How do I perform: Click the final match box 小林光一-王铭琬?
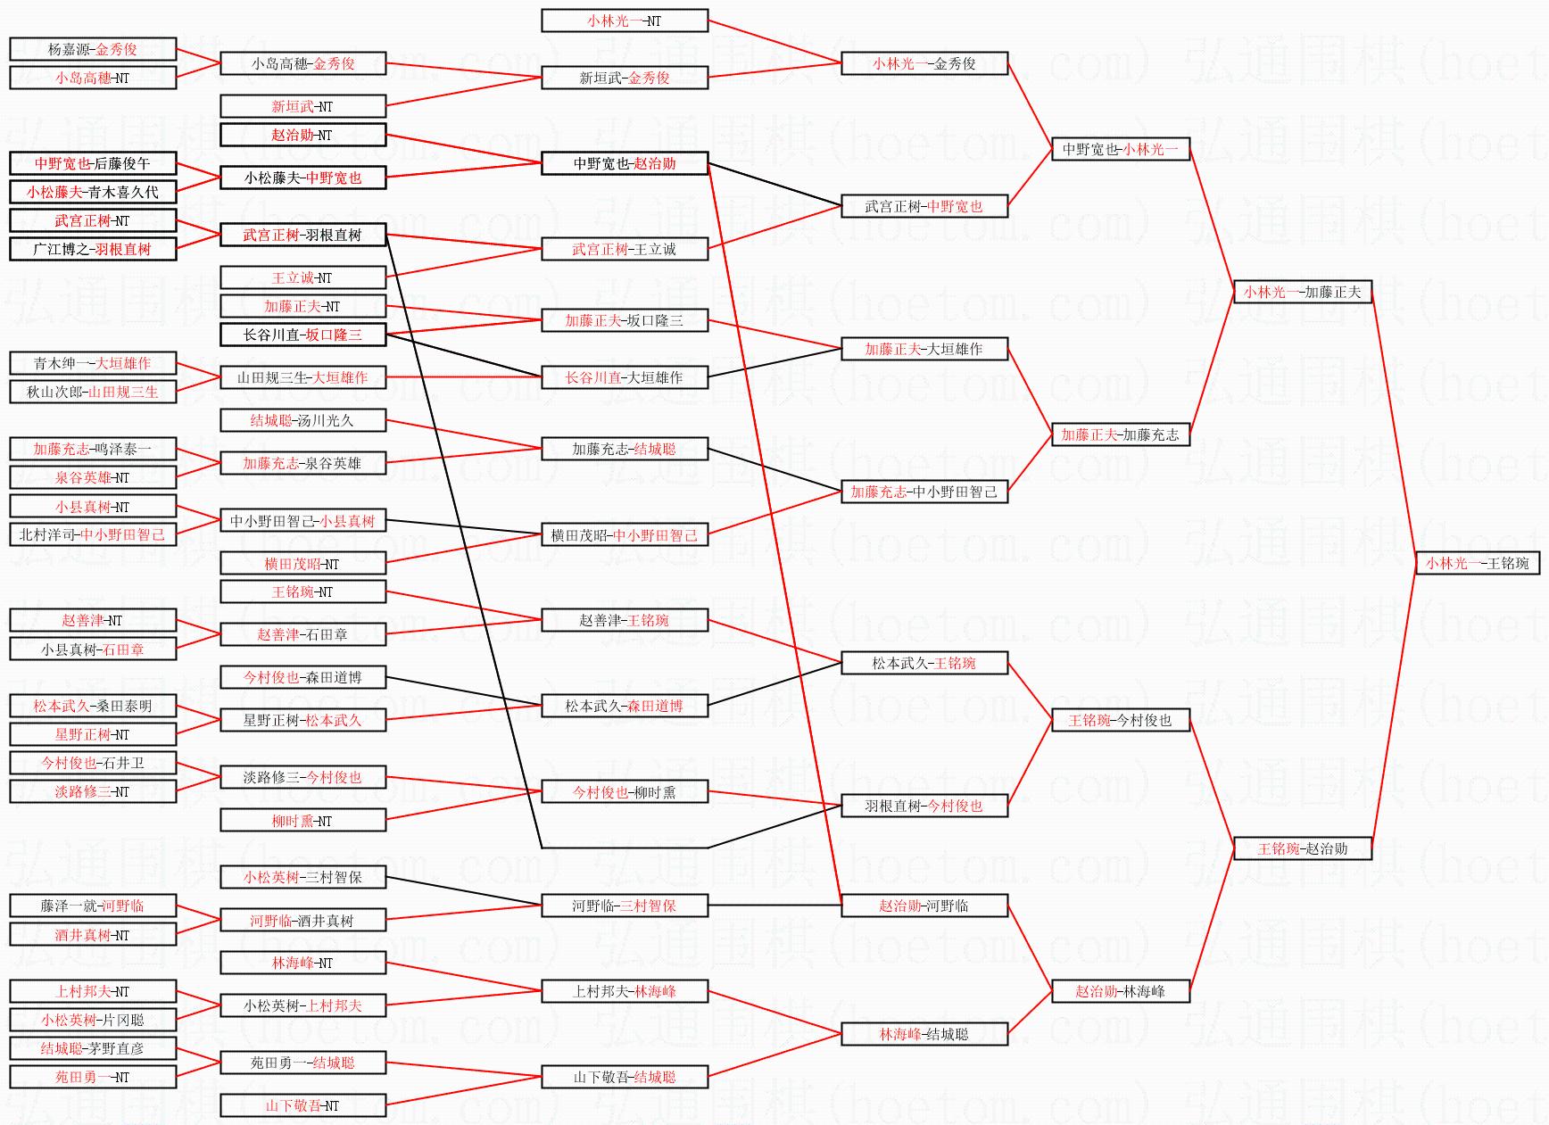point(1478,563)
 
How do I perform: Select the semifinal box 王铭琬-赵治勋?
point(1302,848)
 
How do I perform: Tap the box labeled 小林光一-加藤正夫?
point(1302,292)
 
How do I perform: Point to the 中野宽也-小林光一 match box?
point(1120,149)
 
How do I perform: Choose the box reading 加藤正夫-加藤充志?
point(1120,434)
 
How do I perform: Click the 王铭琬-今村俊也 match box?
point(1120,720)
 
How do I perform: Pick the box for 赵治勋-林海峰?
point(1120,991)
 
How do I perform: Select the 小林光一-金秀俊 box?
point(924,63)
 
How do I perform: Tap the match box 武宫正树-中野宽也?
point(924,206)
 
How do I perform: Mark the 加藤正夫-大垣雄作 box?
point(924,349)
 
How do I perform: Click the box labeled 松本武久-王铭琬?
point(924,663)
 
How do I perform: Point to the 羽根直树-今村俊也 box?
point(924,806)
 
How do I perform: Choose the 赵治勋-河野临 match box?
point(924,906)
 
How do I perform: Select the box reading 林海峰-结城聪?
point(924,1034)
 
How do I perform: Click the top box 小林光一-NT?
point(625,21)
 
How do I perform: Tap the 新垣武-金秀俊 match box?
point(625,78)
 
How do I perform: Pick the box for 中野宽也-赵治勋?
point(625,163)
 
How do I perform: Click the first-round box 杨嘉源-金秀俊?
point(93,49)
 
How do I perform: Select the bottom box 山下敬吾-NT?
point(302,1105)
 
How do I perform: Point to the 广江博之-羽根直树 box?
point(93,249)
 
